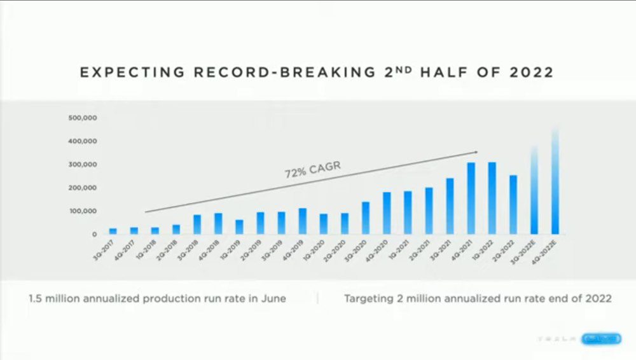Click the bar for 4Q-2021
(471, 198)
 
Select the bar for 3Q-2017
(113, 231)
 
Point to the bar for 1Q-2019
(239, 227)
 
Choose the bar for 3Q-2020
(366, 218)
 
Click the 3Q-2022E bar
(534, 191)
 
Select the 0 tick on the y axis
(93, 234)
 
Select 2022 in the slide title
(532, 73)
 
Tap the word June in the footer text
(272, 298)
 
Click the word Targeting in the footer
(368, 298)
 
